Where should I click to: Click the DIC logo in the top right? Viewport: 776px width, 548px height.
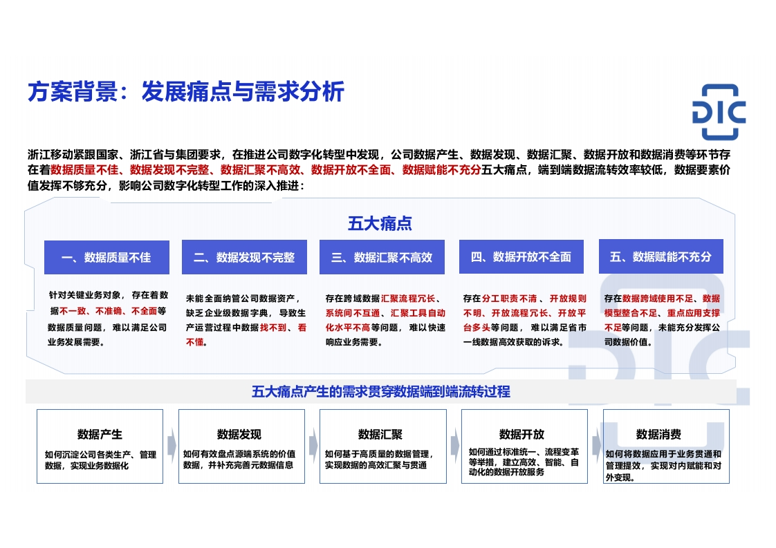(719, 112)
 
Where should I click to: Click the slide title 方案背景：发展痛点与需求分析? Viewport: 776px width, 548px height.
(185, 91)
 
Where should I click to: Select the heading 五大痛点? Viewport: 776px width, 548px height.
(380, 223)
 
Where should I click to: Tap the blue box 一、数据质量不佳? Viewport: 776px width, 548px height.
(107, 257)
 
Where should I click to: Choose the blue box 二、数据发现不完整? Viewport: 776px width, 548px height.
(244, 257)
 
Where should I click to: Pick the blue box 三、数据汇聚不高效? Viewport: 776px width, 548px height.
(382, 257)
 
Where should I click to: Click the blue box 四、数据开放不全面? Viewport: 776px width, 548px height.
(521, 256)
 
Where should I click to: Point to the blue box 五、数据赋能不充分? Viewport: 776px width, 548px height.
(660, 256)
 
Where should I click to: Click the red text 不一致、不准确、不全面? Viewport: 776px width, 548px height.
(109, 311)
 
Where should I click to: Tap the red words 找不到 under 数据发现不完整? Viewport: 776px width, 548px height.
(273, 328)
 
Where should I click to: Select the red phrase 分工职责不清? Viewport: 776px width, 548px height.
(509, 299)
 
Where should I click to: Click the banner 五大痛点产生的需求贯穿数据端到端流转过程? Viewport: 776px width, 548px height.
(380, 392)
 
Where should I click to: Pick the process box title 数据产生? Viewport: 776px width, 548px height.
(100, 434)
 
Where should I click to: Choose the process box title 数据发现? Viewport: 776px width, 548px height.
(239, 434)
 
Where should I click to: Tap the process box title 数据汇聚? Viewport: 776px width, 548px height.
(380, 434)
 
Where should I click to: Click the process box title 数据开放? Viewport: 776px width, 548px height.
(521, 434)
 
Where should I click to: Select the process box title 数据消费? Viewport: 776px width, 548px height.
(658, 434)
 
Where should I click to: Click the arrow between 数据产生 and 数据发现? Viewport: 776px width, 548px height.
(172, 445)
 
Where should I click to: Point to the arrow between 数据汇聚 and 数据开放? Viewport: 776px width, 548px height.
(455, 445)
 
